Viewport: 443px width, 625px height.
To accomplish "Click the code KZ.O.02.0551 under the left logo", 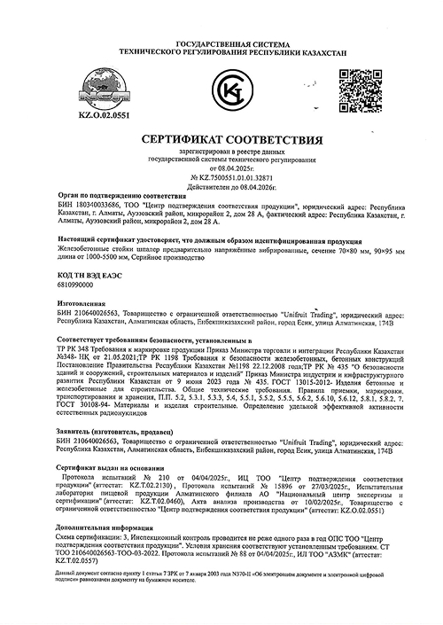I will click(79, 116).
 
